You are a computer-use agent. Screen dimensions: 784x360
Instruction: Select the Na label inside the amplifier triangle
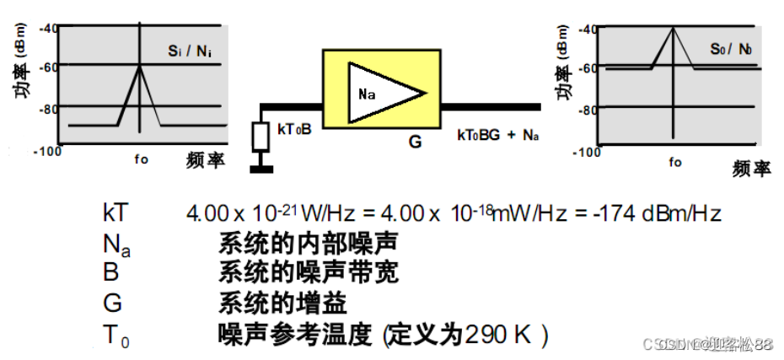[x=367, y=94]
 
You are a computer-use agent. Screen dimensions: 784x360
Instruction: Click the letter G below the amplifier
[x=415, y=142]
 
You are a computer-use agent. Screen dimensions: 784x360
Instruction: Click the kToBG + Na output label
[x=497, y=135]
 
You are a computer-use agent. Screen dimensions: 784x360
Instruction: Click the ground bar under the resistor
[x=263, y=169]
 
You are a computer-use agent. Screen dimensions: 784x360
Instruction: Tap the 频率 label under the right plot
[x=751, y=169]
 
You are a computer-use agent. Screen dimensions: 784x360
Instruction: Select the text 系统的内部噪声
[x=308, y=243]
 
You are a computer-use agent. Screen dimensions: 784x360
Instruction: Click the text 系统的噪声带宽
[x=308, y=273]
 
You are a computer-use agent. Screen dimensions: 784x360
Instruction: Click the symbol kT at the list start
[x=117, y=212]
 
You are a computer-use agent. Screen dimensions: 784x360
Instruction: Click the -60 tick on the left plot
[x=47, y=67]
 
